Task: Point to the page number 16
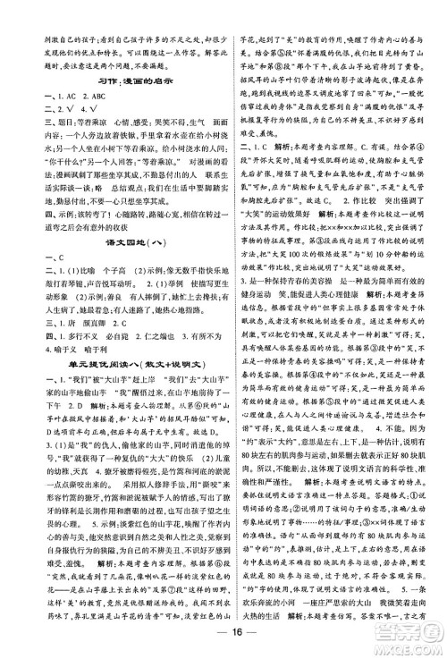click(223, 638)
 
